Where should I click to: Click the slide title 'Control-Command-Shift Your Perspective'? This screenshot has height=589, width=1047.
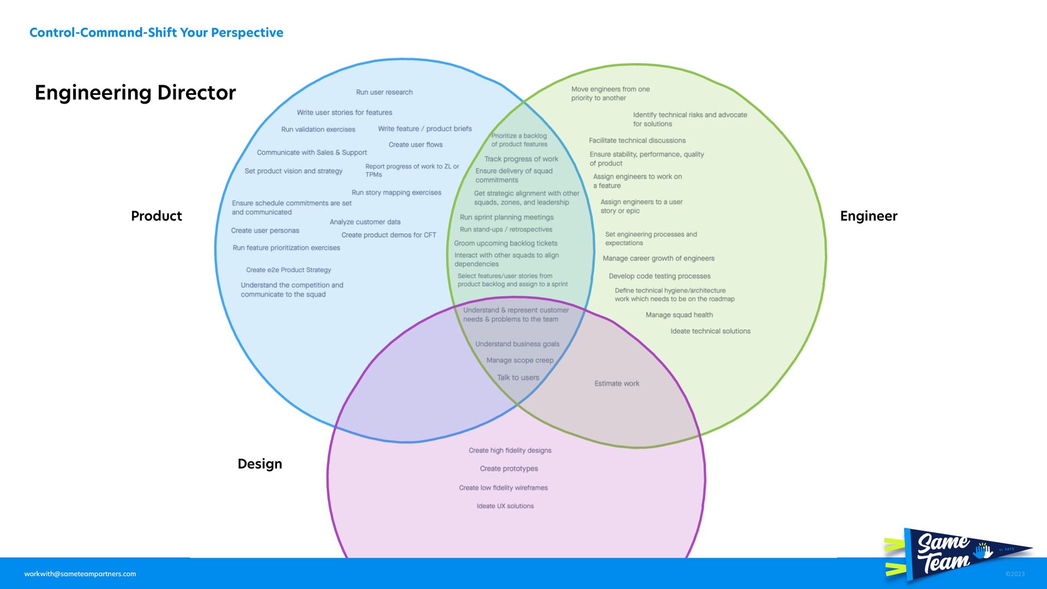pyautogui.click(x=156, y=33)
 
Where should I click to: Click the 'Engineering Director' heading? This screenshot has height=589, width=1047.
pyautogui.click(x=135, y=93)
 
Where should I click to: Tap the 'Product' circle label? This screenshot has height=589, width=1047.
pyautogui.click(x=157, y=216)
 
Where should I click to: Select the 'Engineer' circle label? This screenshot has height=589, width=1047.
pyautogui.click(x=868, y=216)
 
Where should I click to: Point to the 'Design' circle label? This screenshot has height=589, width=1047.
pyautogui.click(x=260, y=464)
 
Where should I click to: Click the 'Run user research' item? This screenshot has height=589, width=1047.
pyautogui.click(x=384, y=92)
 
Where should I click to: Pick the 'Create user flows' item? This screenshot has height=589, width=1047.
pyautogui.click(x=416, y=145)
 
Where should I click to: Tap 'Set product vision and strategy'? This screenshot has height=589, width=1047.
pyautogui.click(x=293, y=171)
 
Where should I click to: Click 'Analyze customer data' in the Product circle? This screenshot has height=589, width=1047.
pyautogui.click(x=365, y=222)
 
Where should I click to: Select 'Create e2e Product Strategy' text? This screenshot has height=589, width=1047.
pyautogui.click(x=288, y=270)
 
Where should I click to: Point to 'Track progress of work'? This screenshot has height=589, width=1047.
pyautogui.click(x=521, y=159)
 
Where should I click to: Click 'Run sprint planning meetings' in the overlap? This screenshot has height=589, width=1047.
pyautogui.click(x=507, y=217)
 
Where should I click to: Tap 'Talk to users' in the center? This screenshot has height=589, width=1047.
pyautogui.click(x=518, y=377)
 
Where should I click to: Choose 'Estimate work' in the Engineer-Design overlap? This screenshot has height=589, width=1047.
pyautogui.click(x=617, y=383)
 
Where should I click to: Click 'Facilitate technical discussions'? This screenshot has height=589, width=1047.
pyautogui.click(x=637, y=141)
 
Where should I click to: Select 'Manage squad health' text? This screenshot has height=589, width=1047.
pyautogui.click(x=679, y=315)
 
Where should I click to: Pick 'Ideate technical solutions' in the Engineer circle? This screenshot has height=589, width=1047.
pyautogui.click(x=710, y=331)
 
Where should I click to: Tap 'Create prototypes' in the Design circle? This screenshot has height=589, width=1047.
pyautogui.click(x=509, y=468)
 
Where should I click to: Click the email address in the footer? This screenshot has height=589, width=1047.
pyautogui.click(x=80, y=574)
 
